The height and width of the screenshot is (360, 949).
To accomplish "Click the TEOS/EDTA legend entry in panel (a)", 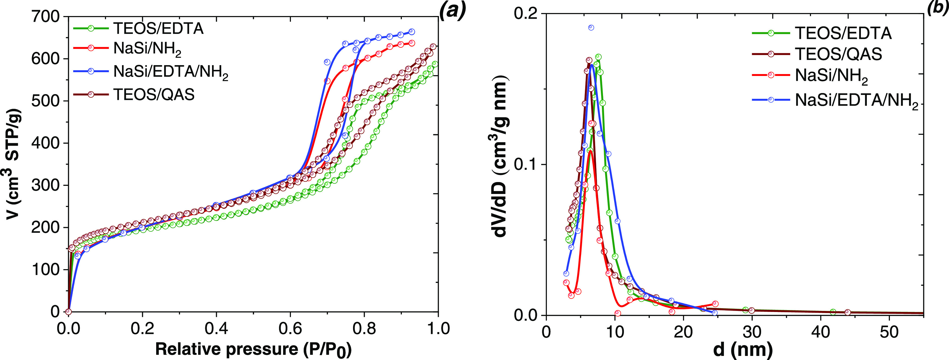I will [158, 28].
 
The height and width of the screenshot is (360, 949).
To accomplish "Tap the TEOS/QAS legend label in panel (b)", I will [838, 54].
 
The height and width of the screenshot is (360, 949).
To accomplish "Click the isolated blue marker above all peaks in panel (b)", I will [591, 28].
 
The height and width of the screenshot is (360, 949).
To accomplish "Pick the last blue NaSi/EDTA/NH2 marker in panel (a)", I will [412, 32].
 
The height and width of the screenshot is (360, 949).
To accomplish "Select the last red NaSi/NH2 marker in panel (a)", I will [412, 43].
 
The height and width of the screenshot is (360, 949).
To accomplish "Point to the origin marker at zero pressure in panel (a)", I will [68, 312].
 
